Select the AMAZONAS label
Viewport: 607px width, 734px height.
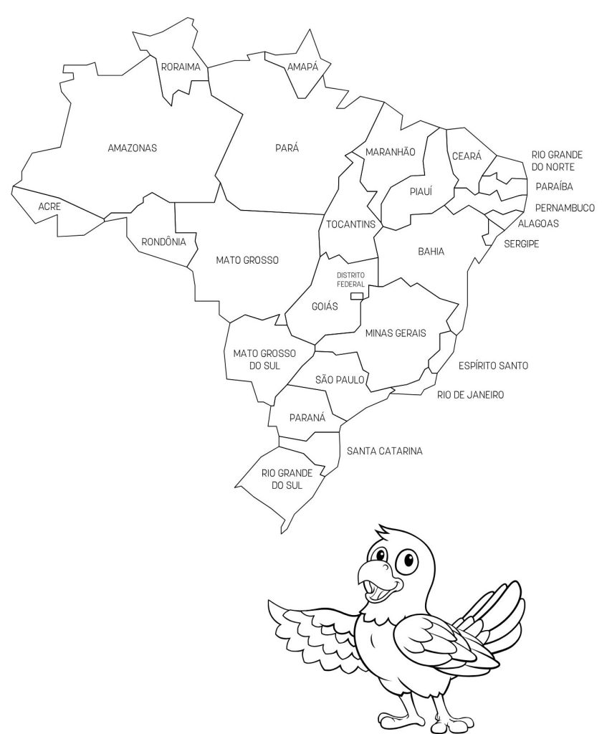click(132, 148)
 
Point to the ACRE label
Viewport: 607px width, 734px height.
click(49, 206)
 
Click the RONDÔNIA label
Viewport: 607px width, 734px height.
click(163, 242)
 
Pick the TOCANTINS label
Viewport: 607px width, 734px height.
click(350, 224)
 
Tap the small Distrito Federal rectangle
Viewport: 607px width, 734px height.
click(356, 295)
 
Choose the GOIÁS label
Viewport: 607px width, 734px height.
click(325, 306)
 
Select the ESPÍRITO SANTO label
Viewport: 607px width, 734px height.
click(493, 366)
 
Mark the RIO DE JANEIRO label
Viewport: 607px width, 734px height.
click(470, 394)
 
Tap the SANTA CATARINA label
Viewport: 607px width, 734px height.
click(384, 451)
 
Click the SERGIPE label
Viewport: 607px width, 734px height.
click(521, 244)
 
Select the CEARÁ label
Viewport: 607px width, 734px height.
click(467, 156)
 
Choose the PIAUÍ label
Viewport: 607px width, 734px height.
click(420, 191)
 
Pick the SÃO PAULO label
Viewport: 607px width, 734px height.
click(340, 379)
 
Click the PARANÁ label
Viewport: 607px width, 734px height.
click(308, 417)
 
